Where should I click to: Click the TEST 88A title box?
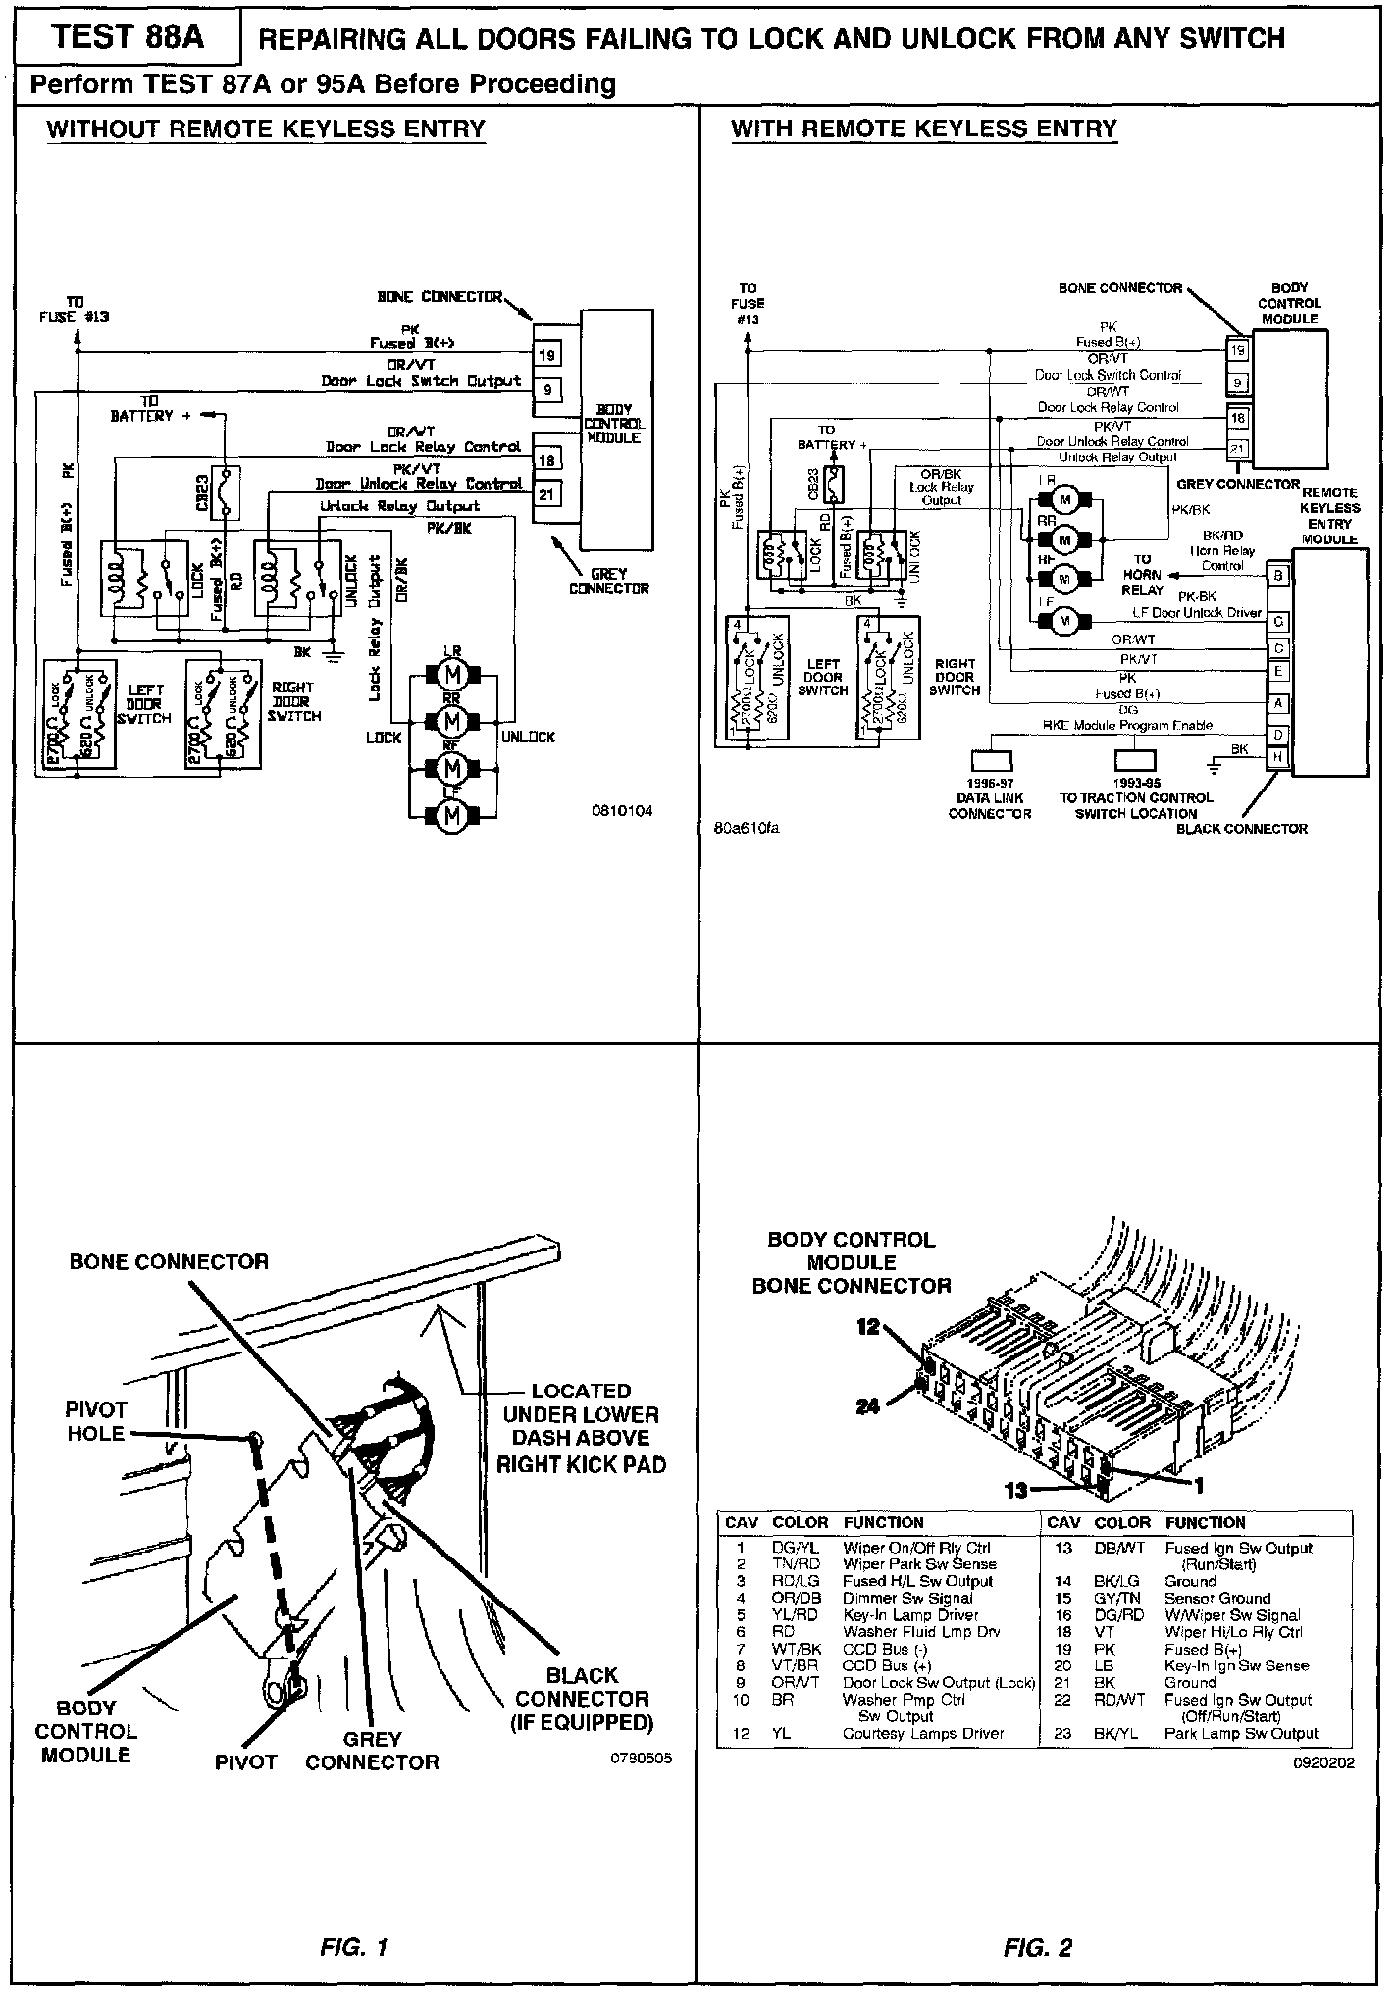click(127, 37)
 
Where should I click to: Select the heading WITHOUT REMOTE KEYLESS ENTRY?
click(266, 129)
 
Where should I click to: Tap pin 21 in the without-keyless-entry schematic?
click(546, 494)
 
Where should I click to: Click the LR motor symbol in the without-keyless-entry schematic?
click(452, 676)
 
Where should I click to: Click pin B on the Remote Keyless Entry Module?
click(1278, 576)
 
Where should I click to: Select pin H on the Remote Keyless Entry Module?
click(1278, 757)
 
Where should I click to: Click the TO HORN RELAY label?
click(1142, 575)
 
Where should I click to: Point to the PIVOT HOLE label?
click(95, 1421)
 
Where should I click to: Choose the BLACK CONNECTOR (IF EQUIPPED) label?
click(583, 1699)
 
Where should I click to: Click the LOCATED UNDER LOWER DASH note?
click(581, 1427)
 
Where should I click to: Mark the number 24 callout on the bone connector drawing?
click(867, 1405)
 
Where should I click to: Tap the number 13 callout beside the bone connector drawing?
click(1016, 1490)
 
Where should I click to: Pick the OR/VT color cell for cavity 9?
click(794, 1683)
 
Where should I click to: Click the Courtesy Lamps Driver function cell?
click(923, 1733)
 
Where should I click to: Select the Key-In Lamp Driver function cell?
click(910, 1615)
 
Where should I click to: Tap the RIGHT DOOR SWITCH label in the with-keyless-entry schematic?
click(955, 677)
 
